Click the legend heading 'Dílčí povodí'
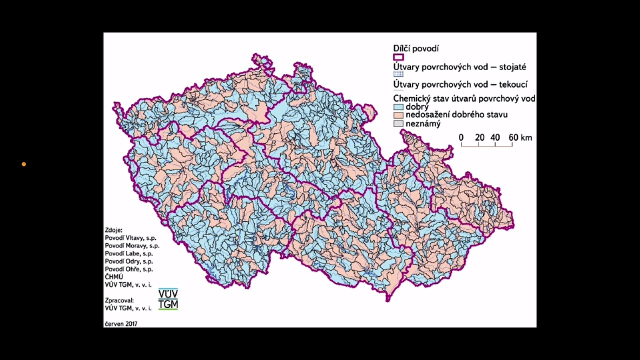(x=415, y=48)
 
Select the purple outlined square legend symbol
(x=398, y=57)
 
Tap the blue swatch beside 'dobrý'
(x=398, y=107)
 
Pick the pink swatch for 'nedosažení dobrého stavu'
(x=398, y=115)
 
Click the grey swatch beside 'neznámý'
(x=398, y=123)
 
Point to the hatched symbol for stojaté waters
(x=398, y=74)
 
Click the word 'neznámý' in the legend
(x=423, y=123)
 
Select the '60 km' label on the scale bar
(x=520, y=137)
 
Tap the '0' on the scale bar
(x=461, y=137)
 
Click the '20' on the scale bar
(x=479, y=137)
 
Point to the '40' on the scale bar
(x=495, y=137)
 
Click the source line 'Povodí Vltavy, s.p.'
(x=130, y=238)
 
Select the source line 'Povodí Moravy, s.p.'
(x=132, y=246)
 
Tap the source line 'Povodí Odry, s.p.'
(x=129, y=261)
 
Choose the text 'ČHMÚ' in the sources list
(x=114, y=276)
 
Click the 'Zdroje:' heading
(x=113, y=230)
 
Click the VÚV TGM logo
(x=168, y=299)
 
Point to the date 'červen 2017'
(x=121, y=323)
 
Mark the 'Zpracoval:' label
(x=119, y=300)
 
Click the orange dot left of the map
(x=23, y=164)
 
